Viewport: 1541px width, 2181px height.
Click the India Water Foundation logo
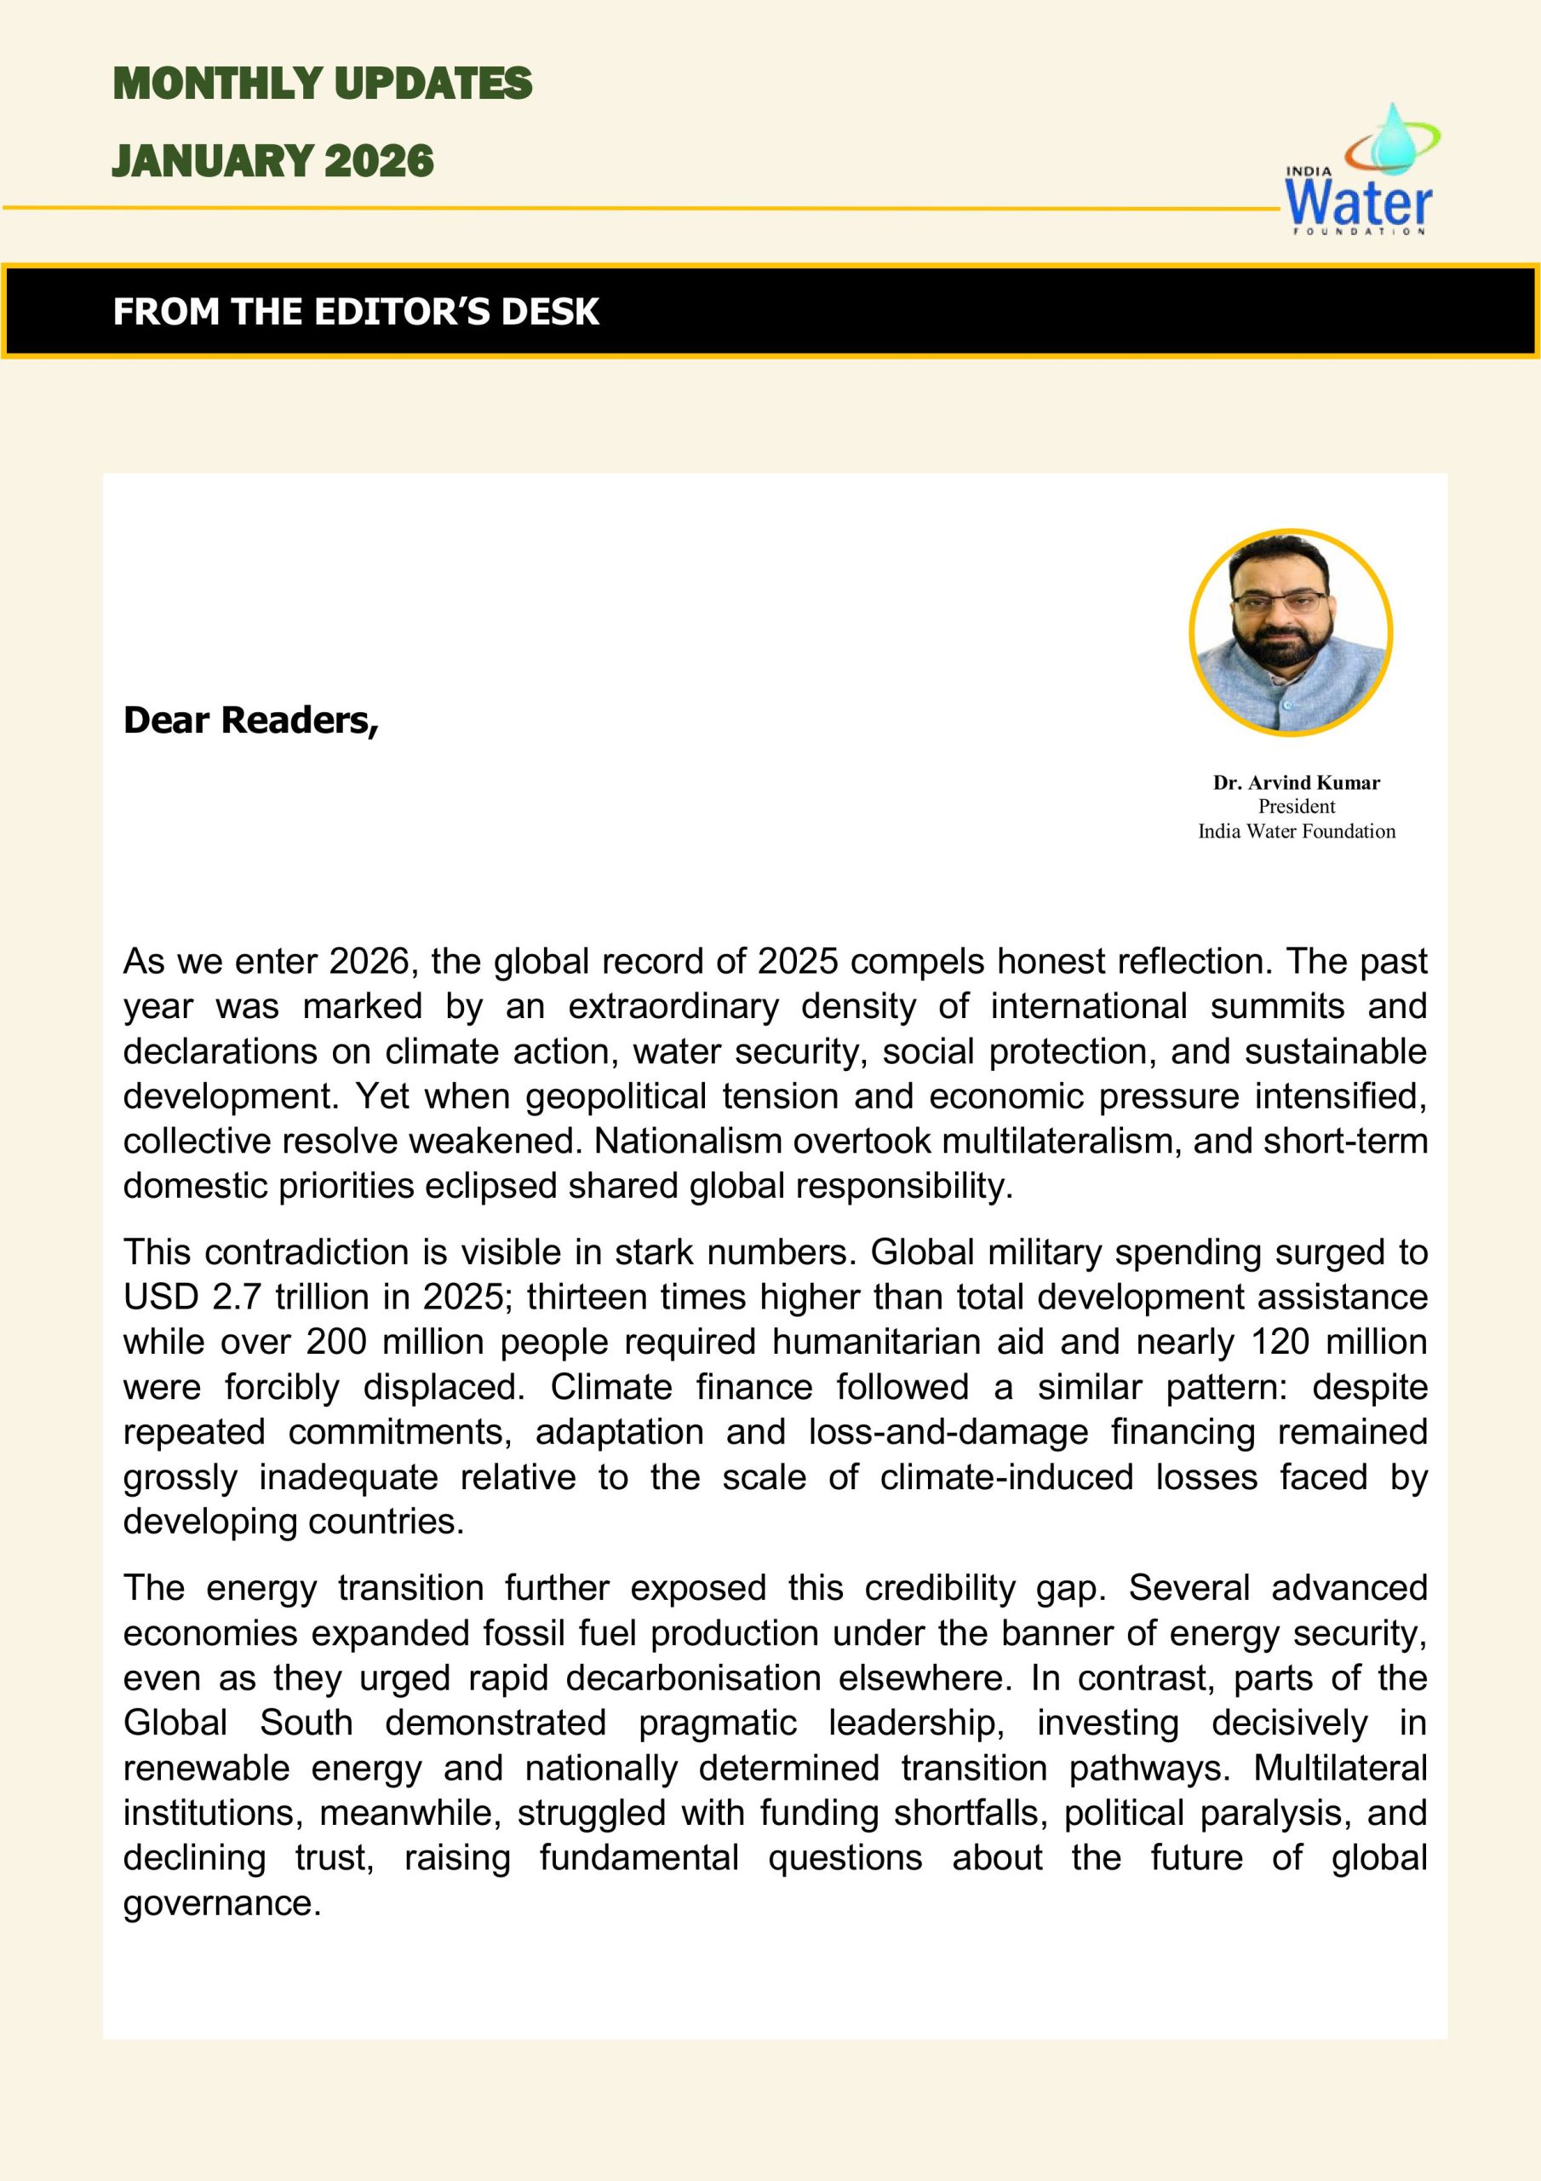coord(1360,171)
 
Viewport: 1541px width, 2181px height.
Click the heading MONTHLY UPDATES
coord(322,83)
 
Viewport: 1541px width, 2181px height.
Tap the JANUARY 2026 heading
coord(272,160)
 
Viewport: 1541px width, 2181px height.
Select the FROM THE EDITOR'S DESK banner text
coord(355,312)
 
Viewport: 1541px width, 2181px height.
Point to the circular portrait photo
coord(1291,633)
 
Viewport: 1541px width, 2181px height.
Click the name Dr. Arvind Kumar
coord(1296,783)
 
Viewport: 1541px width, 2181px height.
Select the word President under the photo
coord(1296,807)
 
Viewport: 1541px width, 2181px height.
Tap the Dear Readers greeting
coord(250,720)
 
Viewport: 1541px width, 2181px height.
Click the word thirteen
coord(587,1297)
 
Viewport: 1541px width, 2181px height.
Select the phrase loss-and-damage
coord(948,1431)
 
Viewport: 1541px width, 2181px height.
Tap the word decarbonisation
coord(693,1677)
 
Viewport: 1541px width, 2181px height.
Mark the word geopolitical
coord(616,1096)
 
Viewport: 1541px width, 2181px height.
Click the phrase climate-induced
coord(1006,1477)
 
